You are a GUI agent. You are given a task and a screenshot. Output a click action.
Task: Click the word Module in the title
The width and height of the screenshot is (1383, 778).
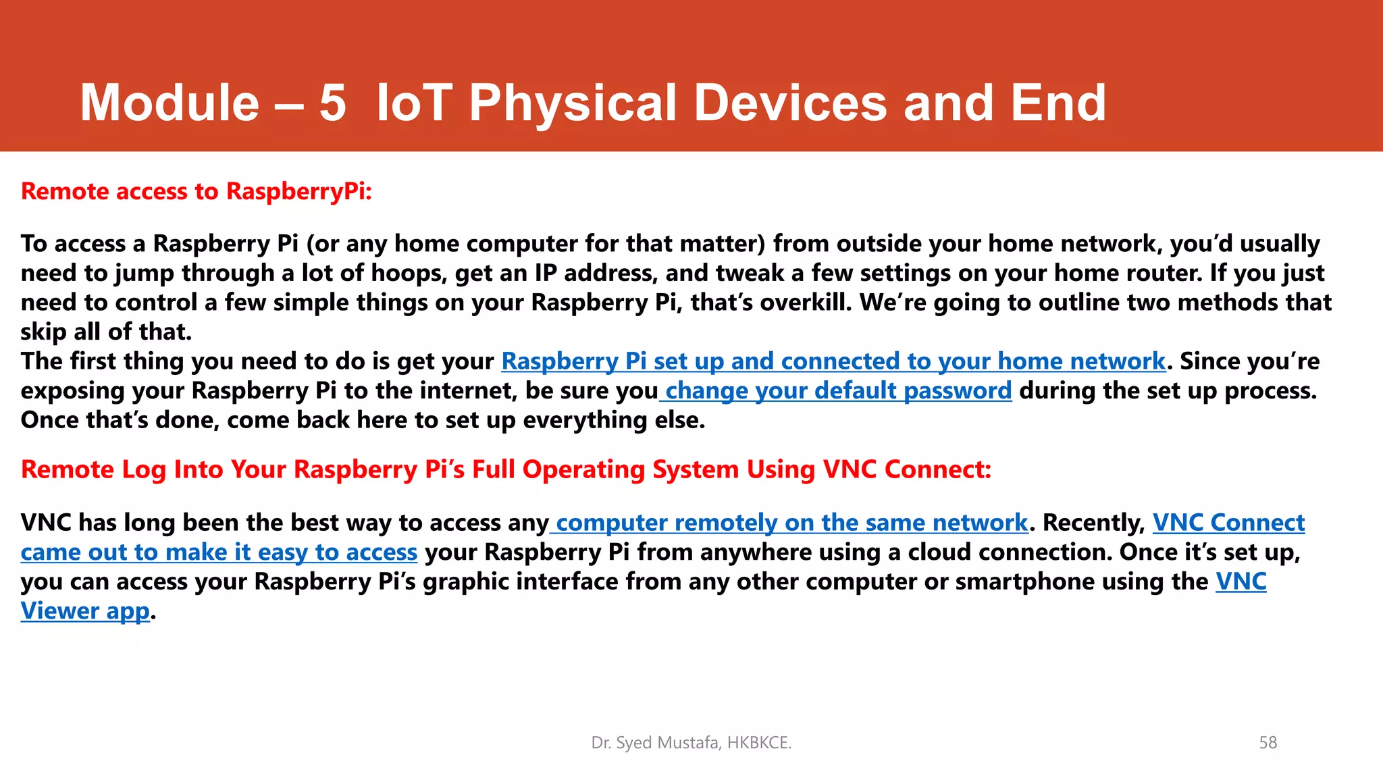(169, 103)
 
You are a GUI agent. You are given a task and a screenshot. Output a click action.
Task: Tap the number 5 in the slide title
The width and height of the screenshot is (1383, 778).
(332, 103)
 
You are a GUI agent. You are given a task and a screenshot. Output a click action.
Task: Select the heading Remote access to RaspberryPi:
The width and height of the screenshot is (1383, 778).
(197, 192)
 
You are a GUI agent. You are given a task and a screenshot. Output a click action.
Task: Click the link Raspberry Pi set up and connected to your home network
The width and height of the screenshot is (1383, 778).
(833, 361)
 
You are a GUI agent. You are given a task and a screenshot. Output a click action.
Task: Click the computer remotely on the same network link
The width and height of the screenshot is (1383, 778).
(791, 523)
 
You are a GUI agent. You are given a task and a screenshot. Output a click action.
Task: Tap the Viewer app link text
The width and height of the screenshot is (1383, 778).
(85, 611)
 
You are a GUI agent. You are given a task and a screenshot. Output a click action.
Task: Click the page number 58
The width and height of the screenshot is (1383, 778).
(1268, 743)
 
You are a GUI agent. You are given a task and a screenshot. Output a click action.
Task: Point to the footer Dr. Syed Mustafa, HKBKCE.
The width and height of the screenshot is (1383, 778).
(691, 743)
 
